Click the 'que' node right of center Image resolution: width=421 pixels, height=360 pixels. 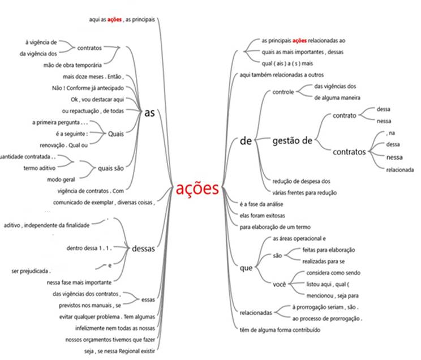click(246, 268)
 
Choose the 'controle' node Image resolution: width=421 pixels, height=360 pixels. click(282, 92)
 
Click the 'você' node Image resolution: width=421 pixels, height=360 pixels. click(279, 284)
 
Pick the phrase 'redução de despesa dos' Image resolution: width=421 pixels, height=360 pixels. click(301, 181)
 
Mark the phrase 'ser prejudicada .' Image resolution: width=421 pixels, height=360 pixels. click(31, 271)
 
